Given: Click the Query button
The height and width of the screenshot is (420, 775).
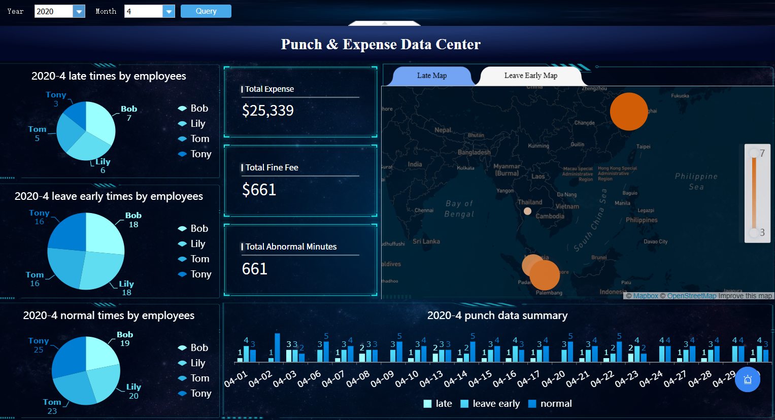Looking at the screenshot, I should [206, 11].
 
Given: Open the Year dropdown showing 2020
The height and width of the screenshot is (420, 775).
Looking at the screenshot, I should [79, 11].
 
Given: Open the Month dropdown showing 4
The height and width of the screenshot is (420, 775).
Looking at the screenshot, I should [169, 11].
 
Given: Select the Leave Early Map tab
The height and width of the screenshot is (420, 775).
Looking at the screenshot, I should [530, 76].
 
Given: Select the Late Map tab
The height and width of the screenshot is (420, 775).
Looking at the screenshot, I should [431, 76].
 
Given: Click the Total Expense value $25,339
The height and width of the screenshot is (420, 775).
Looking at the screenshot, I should [268, 111].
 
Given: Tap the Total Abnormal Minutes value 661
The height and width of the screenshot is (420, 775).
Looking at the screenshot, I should [255, 269].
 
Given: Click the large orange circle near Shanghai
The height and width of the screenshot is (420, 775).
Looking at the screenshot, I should [628, 112].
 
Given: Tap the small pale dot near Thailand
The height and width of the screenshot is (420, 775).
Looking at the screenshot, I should [527, 211].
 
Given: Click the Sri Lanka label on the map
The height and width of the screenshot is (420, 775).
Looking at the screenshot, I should [426, 241].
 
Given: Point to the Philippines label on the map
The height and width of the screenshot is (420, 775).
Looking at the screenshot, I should [641, 220].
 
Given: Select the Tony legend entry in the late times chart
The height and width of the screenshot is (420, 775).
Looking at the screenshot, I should [195, 154].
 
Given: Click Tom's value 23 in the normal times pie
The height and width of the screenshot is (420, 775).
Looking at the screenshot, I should [52, 411].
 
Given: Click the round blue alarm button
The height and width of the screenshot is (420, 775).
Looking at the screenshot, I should [747, 379].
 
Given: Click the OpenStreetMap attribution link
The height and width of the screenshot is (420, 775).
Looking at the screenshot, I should [691, 296].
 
